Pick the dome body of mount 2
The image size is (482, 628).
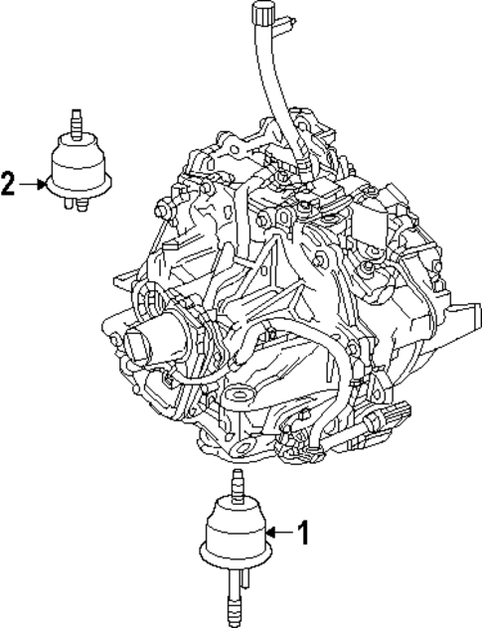pyautogui.click(x=78, y=163)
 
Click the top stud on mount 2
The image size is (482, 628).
pyautogui.click(x=75, y=120)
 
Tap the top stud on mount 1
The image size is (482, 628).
pyautogui.click(x=237, y=486)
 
